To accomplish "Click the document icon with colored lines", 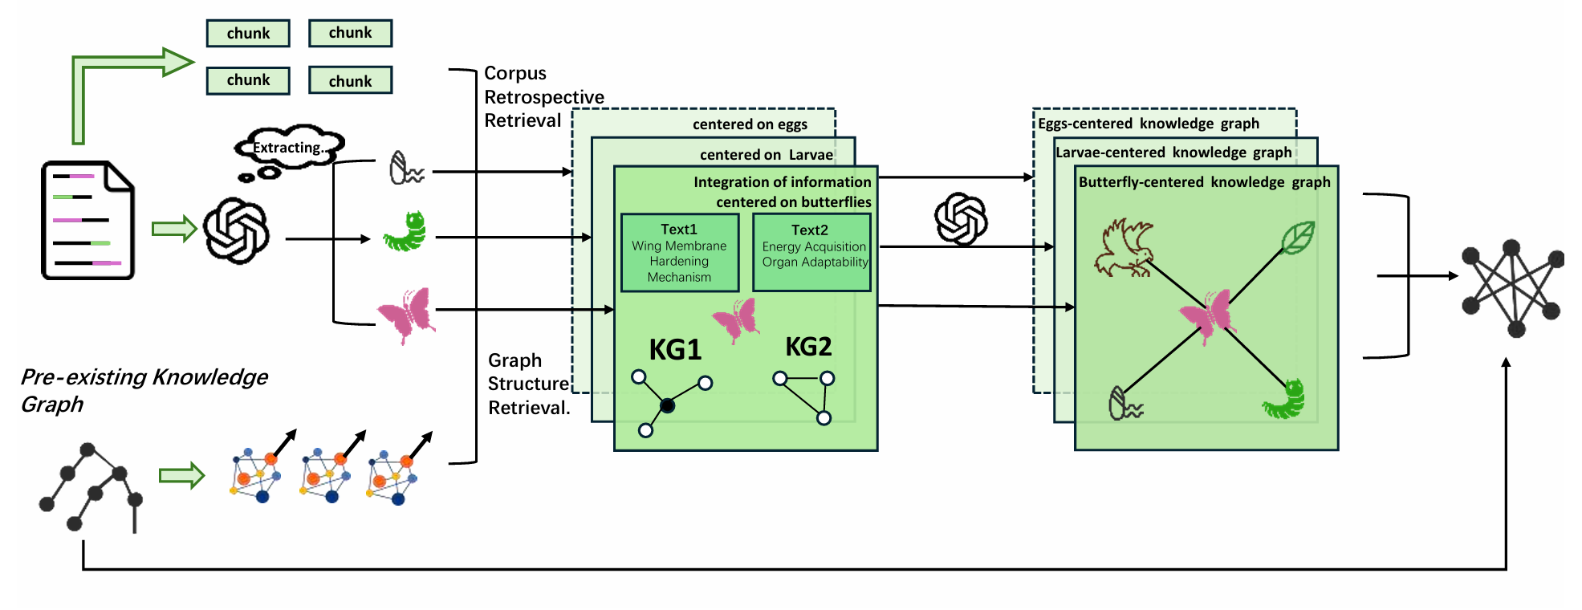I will pos(87,221).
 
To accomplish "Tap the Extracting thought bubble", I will pos(290,147).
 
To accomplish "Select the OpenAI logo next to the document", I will pos(236,231).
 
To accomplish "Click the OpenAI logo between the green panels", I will pos(961,219).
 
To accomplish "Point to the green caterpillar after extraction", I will pos(406,232).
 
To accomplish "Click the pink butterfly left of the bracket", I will pos(406,315).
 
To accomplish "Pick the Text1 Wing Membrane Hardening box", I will pos(679,253).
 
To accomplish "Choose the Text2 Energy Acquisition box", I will pos(811,252).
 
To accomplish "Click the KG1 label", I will pos(675,350).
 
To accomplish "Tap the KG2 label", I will pos(807,347).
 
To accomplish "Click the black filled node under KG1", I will pos(667,405).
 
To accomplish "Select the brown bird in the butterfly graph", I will pos(1124,248).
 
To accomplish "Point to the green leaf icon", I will pos(1297,238).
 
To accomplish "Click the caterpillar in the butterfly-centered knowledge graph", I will pos(1285,399).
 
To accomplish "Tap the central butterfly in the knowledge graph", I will pos(1208,315).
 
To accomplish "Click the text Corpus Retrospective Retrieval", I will pos(543,97).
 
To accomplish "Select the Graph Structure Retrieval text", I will pos(529,384).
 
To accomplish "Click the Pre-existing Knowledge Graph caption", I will pos(144,390).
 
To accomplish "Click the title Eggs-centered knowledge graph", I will pos(1148,124).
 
